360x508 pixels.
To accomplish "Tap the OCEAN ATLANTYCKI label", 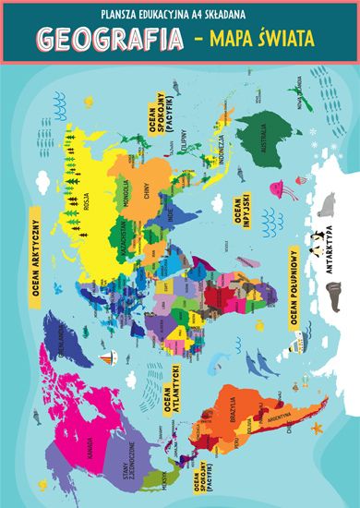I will tap(168, 388).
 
